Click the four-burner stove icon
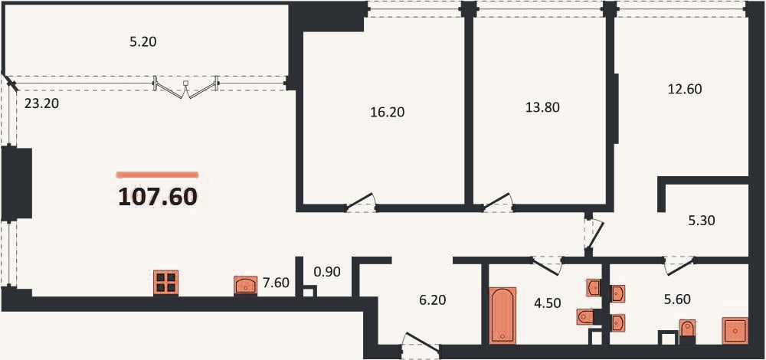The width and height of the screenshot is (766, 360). click(165, 283)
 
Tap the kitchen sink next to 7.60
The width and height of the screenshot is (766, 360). click(246, 285)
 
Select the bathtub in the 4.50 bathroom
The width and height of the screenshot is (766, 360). click(502, 316)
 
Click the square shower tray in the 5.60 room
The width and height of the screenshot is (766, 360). click(735, 331)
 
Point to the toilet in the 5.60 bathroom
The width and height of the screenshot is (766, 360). click(687, 329)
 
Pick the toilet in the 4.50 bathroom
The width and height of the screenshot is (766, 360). click(585, 317)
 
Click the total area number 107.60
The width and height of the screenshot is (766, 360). click(158, 197)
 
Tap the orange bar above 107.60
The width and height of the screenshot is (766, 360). click(157, 174)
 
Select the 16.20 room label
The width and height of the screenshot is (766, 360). click(388, 113)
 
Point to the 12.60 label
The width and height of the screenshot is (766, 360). click(684, 90)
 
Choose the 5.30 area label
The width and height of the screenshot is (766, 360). click(701, 221)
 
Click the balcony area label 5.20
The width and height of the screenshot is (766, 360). click(142, 42)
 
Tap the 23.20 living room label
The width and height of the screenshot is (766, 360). click(41, 103)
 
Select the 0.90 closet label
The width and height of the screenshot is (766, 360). click(327, 272)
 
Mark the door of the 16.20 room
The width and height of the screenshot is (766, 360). click(361, 203)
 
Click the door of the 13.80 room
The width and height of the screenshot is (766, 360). click(498, 203)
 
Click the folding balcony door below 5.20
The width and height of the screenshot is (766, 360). click(185, 87)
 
